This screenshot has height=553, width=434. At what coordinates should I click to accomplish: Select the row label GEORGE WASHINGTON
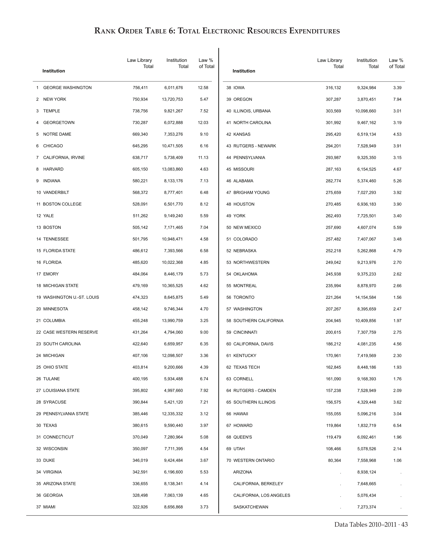(x=67, y=88)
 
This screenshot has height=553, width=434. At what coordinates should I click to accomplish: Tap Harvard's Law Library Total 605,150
(x=140, y=169)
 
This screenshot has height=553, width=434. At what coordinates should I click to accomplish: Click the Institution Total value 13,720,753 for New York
(x=172, y=99)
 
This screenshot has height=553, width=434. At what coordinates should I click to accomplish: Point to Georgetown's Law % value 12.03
(x=203, y=123)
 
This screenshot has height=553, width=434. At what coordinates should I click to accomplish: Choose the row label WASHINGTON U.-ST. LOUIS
(x=71, y=297)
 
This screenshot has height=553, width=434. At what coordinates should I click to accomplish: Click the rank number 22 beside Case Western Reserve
(x=38, y=332)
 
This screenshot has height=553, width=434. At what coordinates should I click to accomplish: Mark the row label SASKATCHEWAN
(x=251, y=507)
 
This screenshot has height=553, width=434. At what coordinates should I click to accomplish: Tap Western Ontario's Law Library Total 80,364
(x=334, y=461)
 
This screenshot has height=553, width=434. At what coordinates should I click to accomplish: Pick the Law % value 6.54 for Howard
(x=397, y=426)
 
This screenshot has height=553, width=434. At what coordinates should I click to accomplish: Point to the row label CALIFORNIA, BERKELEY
(x=258, y=484)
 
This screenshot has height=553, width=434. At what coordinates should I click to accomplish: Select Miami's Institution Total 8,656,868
(x=173, y=507)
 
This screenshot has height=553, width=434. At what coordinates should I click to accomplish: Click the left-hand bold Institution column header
(x=54, y=71)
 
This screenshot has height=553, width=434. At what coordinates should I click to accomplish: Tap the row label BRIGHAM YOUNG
(x=251, y=193)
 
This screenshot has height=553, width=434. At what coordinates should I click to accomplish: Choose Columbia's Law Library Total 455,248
(x=140, y=321)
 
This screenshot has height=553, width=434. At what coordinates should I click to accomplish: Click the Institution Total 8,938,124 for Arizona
(x=366, y=472)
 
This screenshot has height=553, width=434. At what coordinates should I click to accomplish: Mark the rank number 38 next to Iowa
(x=229, y=88)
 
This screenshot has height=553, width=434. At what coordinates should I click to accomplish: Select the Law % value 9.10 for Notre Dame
(x=204, y=134)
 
